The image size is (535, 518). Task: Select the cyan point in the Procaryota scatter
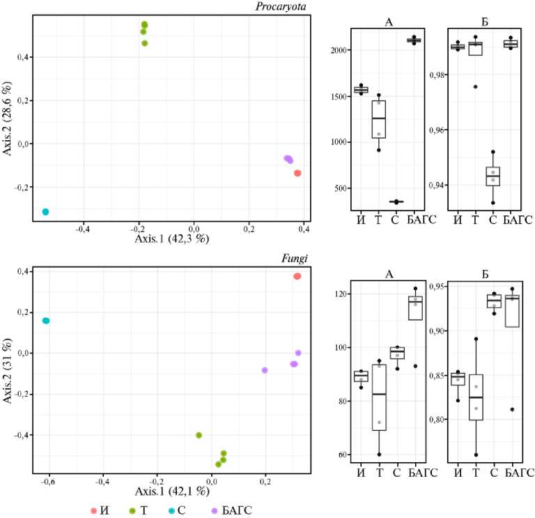(45, 211)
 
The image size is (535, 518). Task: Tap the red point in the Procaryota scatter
(297, 173)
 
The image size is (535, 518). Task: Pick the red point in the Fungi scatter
(297, 276)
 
